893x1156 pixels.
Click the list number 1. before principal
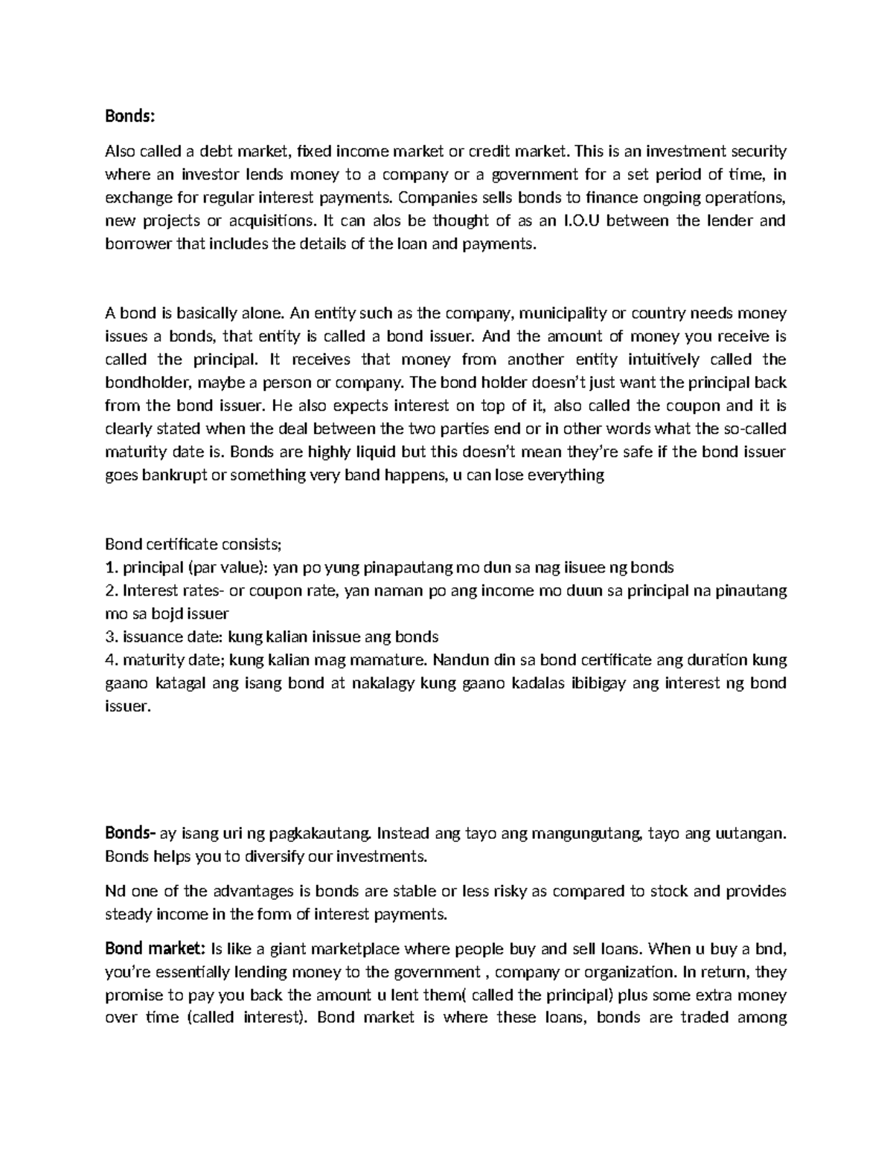111,567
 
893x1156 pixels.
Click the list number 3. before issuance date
111,637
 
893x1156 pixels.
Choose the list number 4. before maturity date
111,660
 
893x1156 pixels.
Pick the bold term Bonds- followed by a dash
130,833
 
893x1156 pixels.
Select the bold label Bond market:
155,949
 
